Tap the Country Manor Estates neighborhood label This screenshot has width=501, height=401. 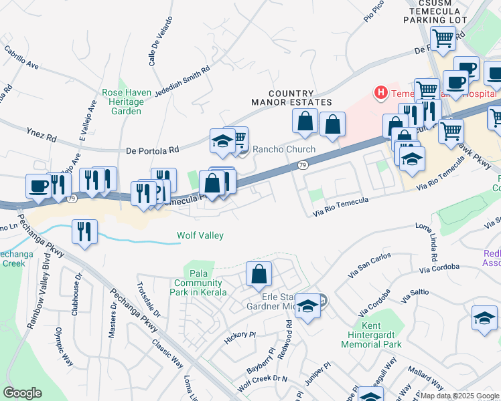pyautogui.click(x=291, y=98)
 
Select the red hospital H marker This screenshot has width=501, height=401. pyautogui.click(x=380, y=92)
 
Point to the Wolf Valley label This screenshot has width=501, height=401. pyautogui.click(x=200, y=235)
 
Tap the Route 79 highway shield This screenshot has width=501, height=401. pyautogui.click(x=303, y=164)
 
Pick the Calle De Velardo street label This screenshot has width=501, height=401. pyautogui.click(x=161, y=41)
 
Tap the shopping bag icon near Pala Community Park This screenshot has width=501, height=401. pyautogui.click(x=259, y=274)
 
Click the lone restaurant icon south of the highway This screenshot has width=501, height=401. pyautogui.click(x=84, y=231)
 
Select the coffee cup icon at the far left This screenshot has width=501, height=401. pyautogui.click(x=38, y=185)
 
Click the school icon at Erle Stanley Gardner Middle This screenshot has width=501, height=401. pyautogui.click(x=307, y=307)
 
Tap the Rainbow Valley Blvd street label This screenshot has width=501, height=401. pyautogui.click(x=37, y=288)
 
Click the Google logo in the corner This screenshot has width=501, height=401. pyautogui.click(x=22, y=393)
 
